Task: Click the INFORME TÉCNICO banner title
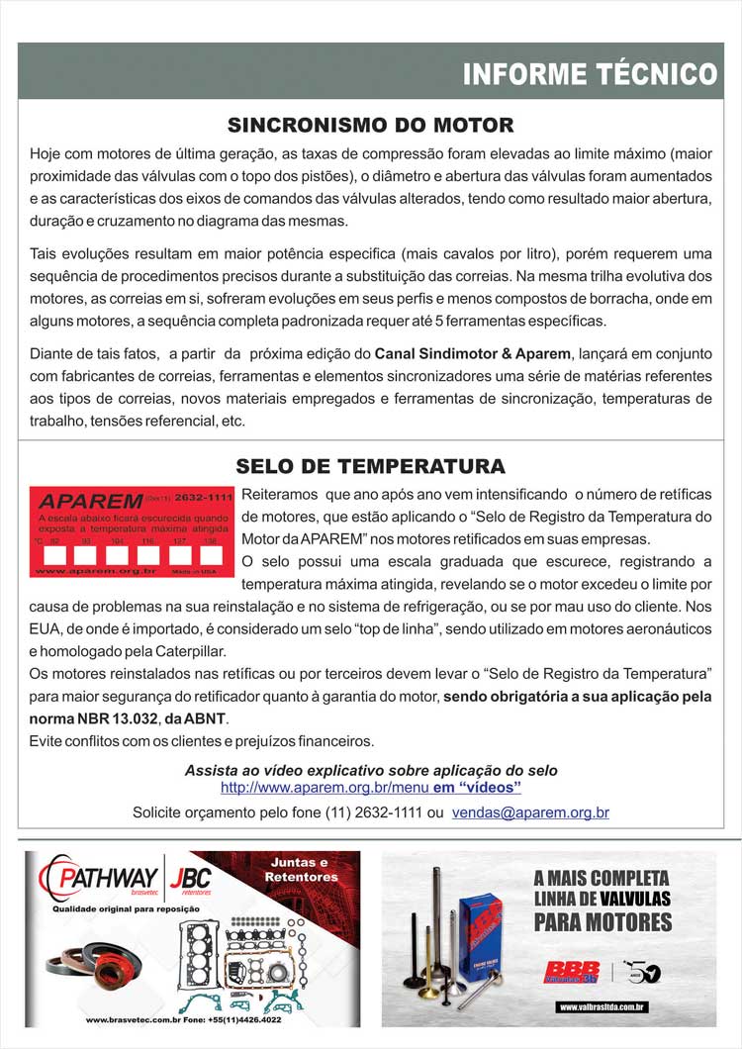click(590, 74)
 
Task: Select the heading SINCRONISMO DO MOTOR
click(370, 126)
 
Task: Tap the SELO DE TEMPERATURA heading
click(370, 466)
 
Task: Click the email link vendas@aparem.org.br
click(530, 812)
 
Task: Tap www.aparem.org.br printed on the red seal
click(95, 571)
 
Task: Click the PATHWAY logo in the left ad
click(99, 878)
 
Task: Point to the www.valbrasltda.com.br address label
click(602, 1006)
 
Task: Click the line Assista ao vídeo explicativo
click(371, 770)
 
